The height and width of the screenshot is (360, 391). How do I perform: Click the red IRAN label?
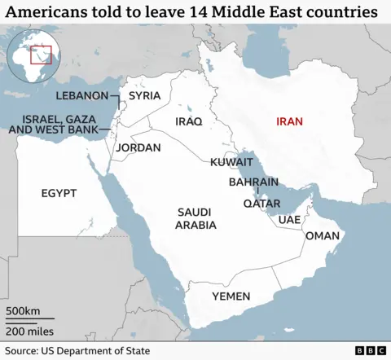click(290, 121)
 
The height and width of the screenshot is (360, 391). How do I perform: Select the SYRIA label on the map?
click(145, 95)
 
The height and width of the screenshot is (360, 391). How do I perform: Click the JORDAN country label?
click(138, 148)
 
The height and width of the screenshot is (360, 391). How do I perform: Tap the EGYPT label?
click(59, 193)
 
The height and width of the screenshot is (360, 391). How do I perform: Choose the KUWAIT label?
click(231, 163)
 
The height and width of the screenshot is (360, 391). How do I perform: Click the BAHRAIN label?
click(253, 182)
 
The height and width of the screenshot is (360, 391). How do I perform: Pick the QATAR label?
click(262, 204)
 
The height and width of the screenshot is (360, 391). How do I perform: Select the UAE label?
click(289, 220)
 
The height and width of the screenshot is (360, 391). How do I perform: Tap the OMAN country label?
click(322, 235)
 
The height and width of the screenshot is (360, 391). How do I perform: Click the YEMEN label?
click(231, 296)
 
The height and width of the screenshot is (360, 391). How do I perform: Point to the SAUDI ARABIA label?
click(196, 218)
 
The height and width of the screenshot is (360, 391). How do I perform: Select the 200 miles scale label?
click(29, 331)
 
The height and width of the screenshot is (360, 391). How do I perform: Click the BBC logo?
click(371, 349)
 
